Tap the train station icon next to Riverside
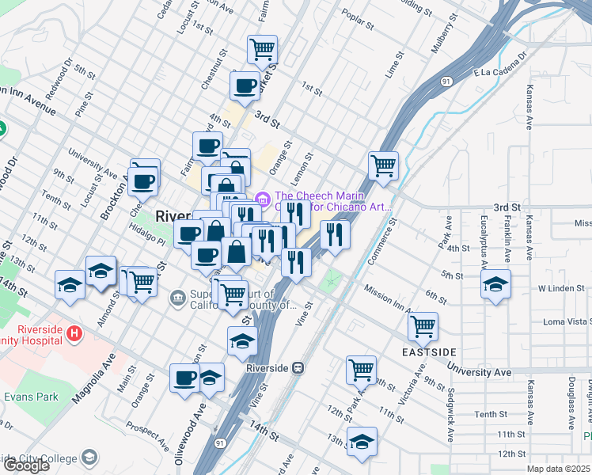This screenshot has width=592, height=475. [x=298, y=367]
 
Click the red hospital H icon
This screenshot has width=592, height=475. [x=74, y=334]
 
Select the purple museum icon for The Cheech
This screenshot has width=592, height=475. [x=263, y=199]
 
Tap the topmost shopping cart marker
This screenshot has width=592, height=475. [x=262, y=49]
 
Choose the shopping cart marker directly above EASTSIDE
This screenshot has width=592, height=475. [x=423, y=325]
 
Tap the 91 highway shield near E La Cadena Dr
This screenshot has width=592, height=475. [x=447, y=82]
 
